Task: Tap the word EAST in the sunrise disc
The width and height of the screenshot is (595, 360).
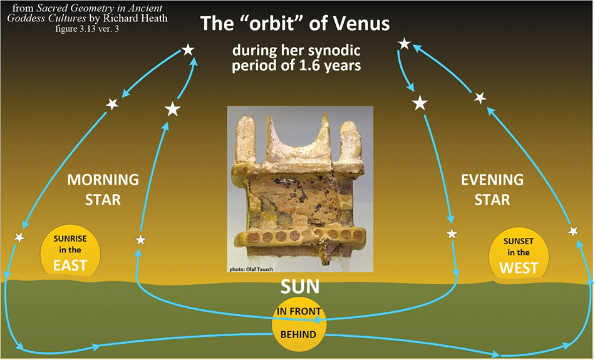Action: (x=70, y=265)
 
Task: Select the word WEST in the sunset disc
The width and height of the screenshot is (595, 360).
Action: (x=519, y=268)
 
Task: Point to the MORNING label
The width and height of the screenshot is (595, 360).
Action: (x=103, y=180)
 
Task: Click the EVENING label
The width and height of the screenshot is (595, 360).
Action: (x=492, y=180)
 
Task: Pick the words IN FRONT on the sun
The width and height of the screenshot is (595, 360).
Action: (x=299, y=311)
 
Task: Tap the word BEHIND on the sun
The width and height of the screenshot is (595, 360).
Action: (x=298, y=334)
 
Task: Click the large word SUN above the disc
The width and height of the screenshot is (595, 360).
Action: (x=300, y=287)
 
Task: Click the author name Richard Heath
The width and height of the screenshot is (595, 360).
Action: (x=135, y=18)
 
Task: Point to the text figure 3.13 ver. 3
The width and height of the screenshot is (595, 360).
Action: (x=87, y=28)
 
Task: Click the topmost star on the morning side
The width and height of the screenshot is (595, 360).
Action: (x=189, y=49)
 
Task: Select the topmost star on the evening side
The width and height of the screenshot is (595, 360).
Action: (x=405, y=44)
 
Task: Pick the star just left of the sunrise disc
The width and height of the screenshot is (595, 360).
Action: (x=19, y=237)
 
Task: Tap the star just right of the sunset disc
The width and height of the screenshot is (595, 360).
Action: (x=573, y=230)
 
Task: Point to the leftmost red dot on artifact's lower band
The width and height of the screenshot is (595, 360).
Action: (x=254, y=237)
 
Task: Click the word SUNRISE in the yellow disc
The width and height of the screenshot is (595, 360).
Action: (x=70, y=239)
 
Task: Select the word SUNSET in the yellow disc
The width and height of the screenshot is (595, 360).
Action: (x=519, y=241)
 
